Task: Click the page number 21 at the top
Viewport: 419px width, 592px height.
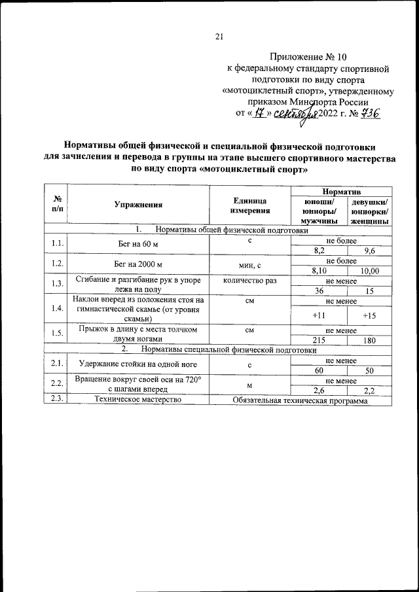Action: tap(219, 37)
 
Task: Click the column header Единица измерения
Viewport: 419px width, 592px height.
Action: tap(249, 205)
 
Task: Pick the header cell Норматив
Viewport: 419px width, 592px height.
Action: tap(340, 190)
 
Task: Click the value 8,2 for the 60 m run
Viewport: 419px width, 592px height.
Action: tap(319, 251)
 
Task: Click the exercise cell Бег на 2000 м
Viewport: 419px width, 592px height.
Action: tap(137, 265)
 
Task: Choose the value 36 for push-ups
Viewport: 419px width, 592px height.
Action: tap(319, 290)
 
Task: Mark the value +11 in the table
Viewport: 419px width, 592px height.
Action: tap(319, 315)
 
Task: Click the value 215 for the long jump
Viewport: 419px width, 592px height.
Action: tap(319, 340)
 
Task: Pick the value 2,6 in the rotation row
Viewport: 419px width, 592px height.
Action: tap(319, 391)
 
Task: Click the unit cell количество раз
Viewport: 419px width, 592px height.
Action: tap(249, 280)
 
